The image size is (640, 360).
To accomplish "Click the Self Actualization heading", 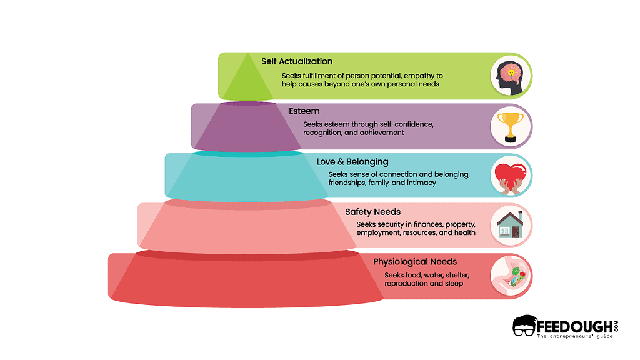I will pyautogui.click(x=297, y=61).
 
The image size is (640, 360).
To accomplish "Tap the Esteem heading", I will pyautogui.click(x=304, y=111).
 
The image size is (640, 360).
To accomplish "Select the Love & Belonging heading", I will pyautogui.click(x=352, y=162).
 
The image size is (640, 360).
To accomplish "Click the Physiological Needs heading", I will pyautogui.click(x=415, y=261).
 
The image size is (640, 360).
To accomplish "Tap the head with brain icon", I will pyautogui.click(x=511, y=76).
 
